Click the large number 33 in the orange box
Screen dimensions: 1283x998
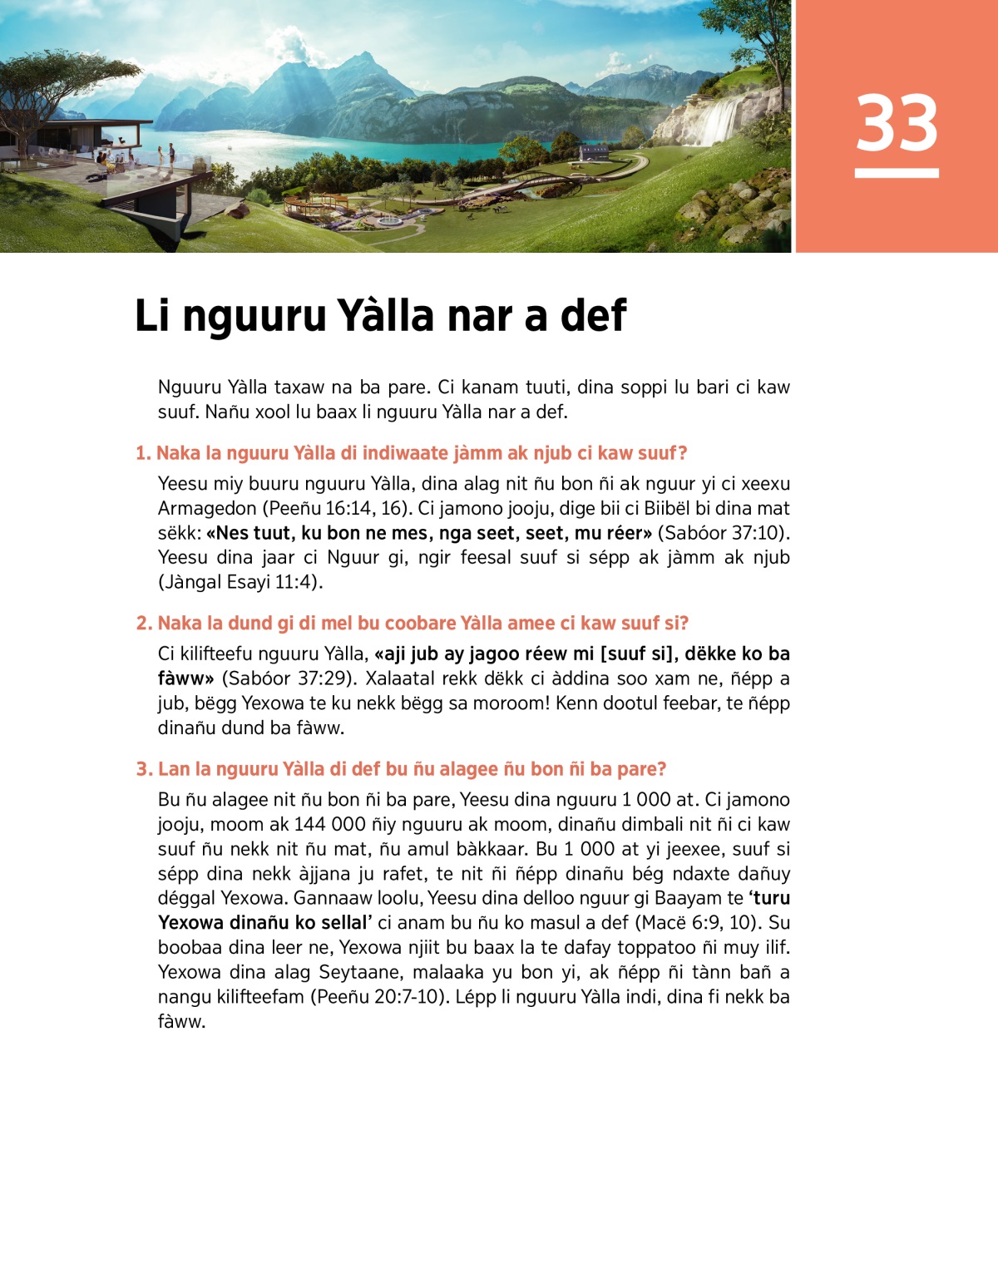(897, 123)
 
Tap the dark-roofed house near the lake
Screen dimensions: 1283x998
(593, 152)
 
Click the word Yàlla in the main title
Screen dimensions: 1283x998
(386, 317)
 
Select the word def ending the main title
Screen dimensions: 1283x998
(593, 317)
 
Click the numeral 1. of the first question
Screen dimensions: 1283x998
(143, 454)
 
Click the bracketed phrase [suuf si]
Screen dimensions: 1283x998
(638, 654)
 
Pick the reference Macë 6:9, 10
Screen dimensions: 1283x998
(698, 923)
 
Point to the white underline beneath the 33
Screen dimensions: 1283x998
(897, 173)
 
